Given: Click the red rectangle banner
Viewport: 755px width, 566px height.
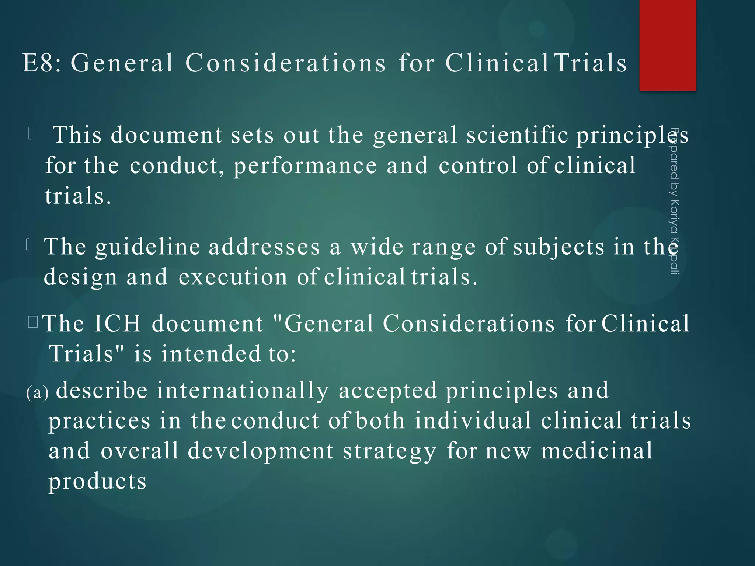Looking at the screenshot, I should tap(668, 45).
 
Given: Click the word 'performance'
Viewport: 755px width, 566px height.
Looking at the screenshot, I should tap(305, 166).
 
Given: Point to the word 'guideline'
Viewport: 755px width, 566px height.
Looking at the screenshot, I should tap(148, 247).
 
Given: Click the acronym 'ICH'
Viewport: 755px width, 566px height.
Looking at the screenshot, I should tap(118, 324).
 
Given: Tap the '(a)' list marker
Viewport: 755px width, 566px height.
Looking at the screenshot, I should tap(37, 393).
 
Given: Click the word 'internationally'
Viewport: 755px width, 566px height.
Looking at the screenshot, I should tap(243, 391).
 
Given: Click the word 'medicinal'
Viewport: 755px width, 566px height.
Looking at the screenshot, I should tap(597, 451).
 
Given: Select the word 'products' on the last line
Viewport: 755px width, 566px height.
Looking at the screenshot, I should tap(98, 481).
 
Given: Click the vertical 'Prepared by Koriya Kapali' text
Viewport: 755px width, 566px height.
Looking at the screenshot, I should tap(674, 201).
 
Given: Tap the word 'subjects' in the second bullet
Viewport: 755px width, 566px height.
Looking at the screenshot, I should tap(559, 247).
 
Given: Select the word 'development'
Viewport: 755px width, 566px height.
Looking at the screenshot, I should tap(261, 451).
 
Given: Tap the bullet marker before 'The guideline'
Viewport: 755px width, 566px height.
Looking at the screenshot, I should tap(28, 245).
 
